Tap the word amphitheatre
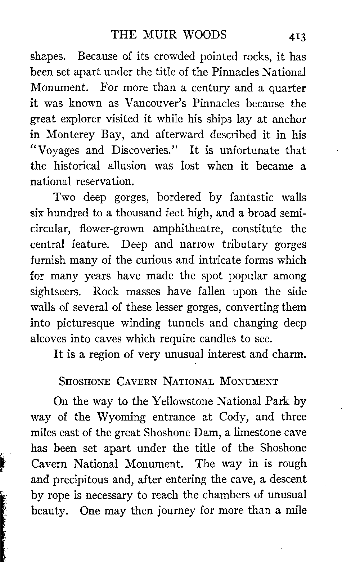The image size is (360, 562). [x=189, y=229]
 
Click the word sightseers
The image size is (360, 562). [x=58, y=292]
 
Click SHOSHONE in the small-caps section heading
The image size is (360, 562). [x=84, y=382]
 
